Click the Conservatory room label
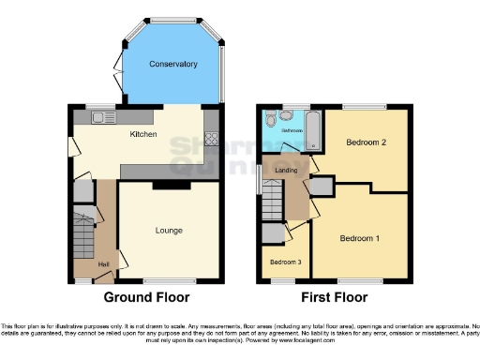(x=173, y=64)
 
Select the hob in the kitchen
(x=211, y=142)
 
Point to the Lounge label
(x=169, y=230)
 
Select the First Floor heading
(x=333, y=297)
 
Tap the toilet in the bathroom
(x=270, y=119)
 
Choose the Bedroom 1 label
(x=360, y=237)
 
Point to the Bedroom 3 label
(x=286, y=262)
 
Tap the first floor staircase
(x=273, y=200)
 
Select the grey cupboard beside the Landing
(x=320, y=187)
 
